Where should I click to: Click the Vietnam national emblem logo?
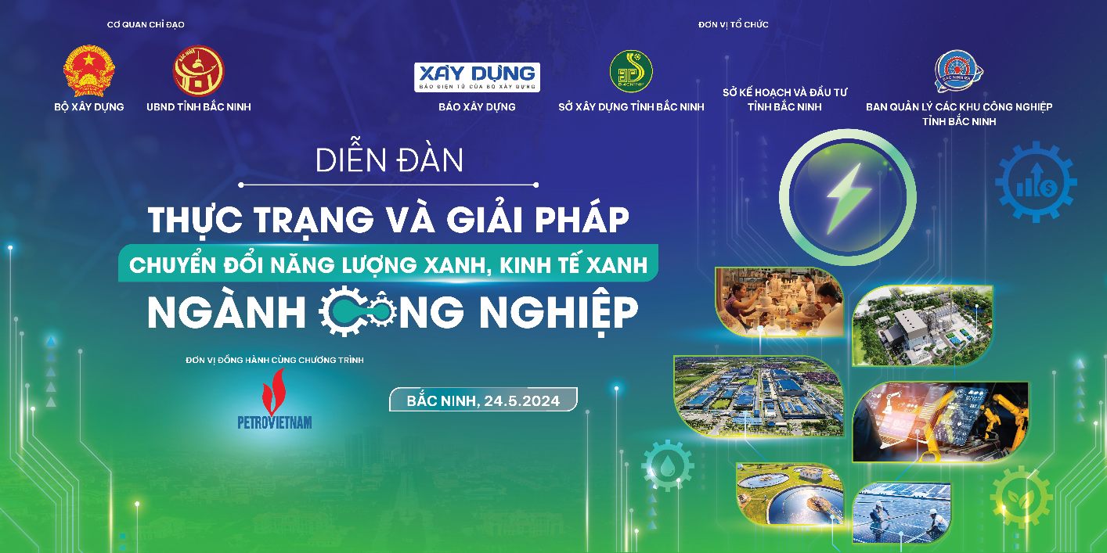89,71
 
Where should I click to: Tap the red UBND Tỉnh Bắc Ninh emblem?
198,71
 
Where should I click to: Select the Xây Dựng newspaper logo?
477,77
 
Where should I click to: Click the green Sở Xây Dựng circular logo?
631,71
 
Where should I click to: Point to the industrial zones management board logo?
959,71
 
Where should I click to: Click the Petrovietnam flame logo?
275,399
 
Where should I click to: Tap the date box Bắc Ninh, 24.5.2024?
483,400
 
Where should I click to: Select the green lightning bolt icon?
848,197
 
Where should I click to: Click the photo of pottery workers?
779,302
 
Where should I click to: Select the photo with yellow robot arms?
940,422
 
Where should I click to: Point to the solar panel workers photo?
901,512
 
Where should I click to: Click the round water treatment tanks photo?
788,494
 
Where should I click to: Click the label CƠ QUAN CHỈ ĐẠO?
146,25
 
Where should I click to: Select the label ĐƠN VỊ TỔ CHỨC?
734,25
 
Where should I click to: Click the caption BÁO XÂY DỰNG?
477,106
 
